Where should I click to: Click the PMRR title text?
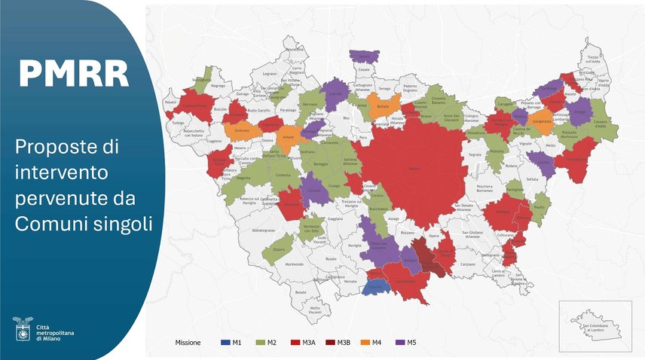pos(74,73)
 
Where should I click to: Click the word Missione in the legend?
pos(182,343)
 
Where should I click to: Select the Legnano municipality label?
pos(269,74)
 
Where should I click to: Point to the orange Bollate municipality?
pos(384,107)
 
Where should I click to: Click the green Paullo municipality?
pos(539,206)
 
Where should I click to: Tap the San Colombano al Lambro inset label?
pos(595,329)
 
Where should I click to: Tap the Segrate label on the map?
pos(475,154)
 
